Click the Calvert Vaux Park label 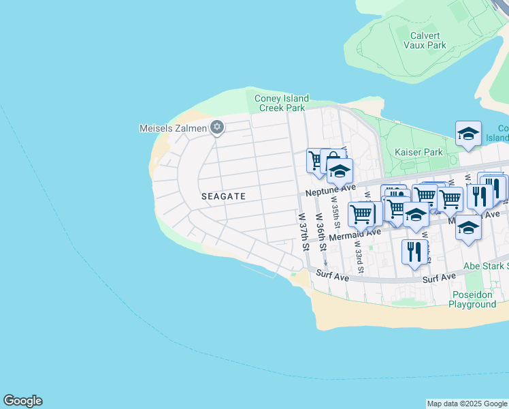428,40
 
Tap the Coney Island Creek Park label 281,103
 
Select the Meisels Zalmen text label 173,127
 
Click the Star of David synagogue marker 217,127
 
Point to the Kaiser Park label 418,152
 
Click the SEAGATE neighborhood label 223,196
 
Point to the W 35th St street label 335,211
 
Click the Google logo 22,401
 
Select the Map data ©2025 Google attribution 466,404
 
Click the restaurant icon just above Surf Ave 414,252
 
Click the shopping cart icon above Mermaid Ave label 361,214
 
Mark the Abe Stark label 485,266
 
